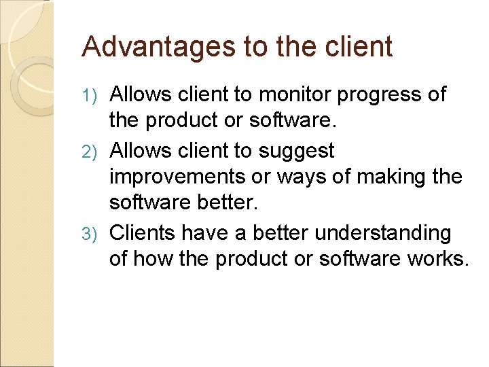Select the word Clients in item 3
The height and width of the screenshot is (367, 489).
pos(143,233)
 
